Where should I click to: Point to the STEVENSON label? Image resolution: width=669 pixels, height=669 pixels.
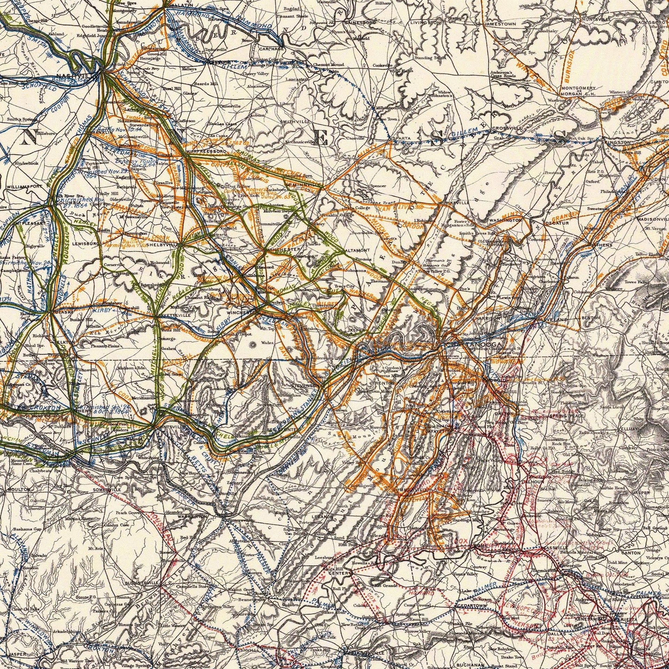[x=305, y=386]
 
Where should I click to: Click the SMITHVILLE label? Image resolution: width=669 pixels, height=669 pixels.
[x=295, y=121]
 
